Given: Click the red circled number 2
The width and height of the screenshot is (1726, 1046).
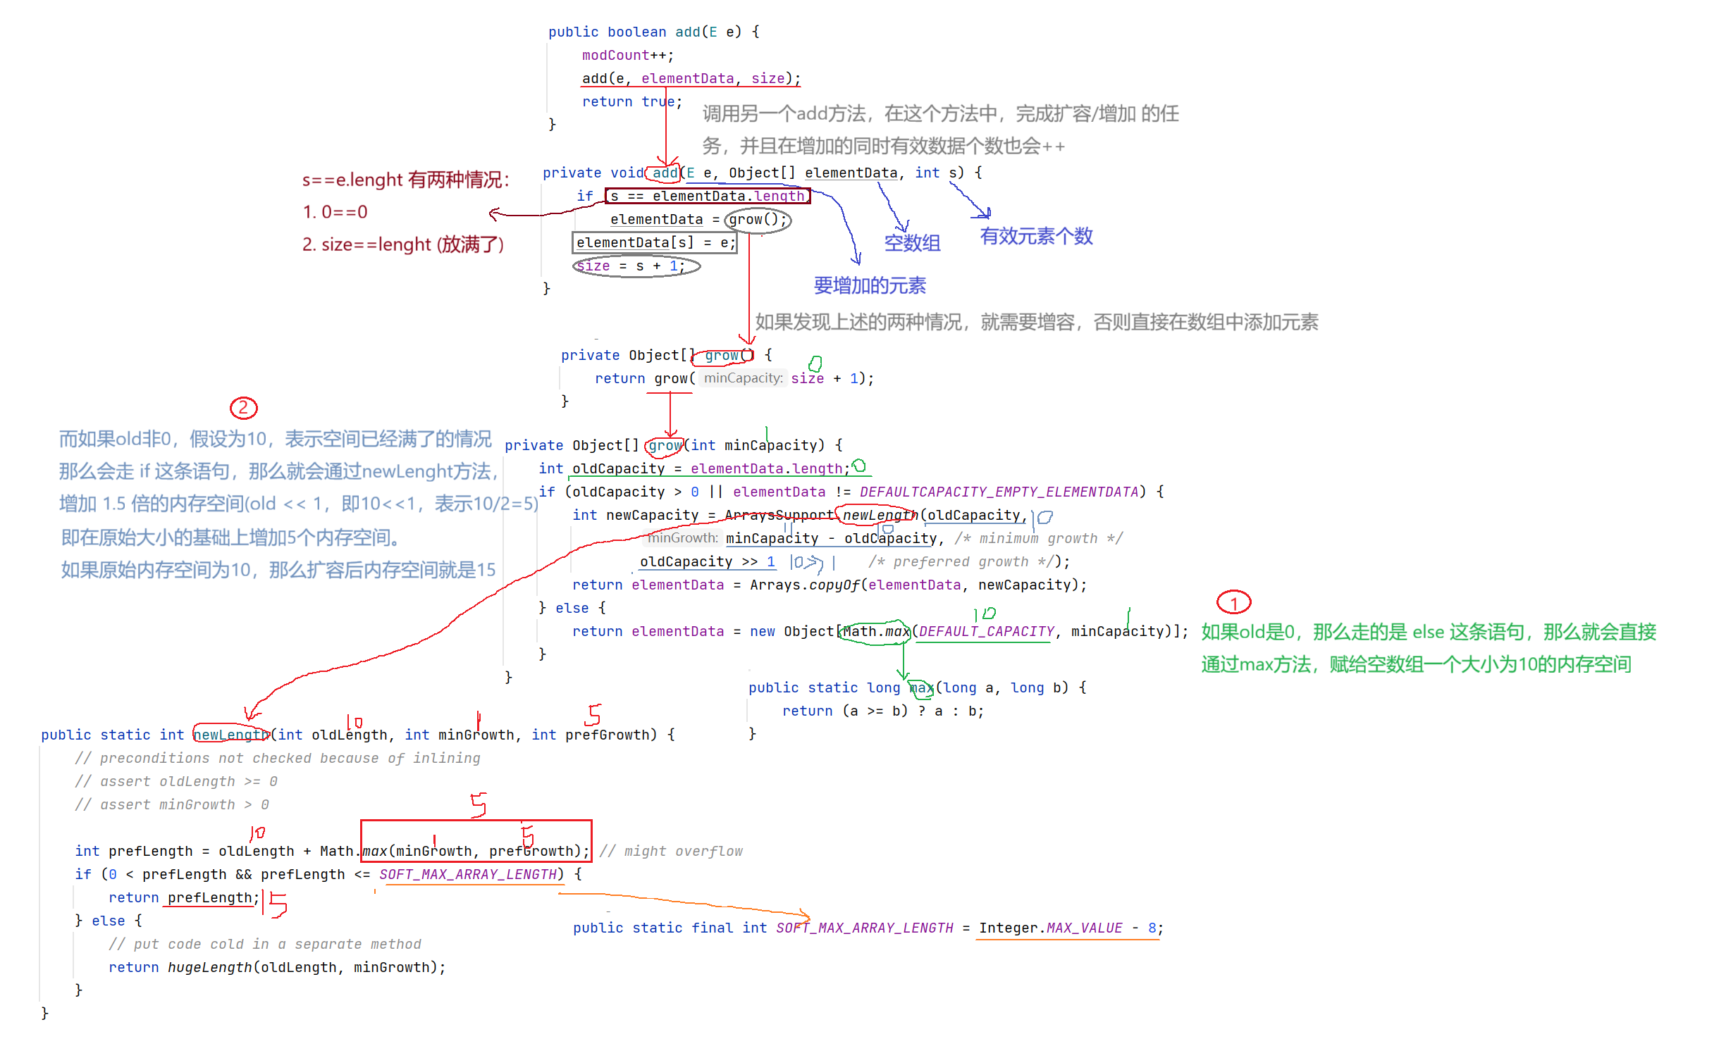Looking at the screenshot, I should [x=244, y=408].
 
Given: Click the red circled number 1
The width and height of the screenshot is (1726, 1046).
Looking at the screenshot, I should [x=1233, y=603].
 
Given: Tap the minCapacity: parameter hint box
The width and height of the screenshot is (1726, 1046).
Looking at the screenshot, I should [x=743, y=378].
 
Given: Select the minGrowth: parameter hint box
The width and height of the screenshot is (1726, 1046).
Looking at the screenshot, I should [x=682, y=538].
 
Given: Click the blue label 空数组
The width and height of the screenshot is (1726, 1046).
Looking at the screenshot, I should [x=912, y=243].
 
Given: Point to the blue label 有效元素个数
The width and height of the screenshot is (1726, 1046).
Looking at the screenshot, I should [x=1036, y=236].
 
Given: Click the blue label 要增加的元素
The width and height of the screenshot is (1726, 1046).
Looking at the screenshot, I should [x=870, y=285].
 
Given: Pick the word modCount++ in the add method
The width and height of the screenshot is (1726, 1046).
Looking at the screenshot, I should [x=626, y=55].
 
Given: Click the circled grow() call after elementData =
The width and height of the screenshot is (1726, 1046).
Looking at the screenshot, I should [x=758, y=220].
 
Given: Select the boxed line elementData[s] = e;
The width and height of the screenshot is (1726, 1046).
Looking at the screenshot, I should [x=655, y=243].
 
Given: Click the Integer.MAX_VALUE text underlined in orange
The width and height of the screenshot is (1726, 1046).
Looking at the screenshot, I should [x=1050, y=928].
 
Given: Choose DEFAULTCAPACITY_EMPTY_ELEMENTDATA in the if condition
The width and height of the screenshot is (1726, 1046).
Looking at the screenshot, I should [x=998, y=492].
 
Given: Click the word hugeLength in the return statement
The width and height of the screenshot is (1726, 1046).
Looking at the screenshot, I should [x=210, y=967].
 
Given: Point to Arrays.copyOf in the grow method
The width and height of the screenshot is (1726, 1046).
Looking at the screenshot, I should [x=804, y=585].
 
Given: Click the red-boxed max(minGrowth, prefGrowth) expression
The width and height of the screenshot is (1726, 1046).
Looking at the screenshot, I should [x=476, y=850].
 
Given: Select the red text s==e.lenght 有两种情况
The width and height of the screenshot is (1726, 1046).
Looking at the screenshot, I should [x=405, y=180].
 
